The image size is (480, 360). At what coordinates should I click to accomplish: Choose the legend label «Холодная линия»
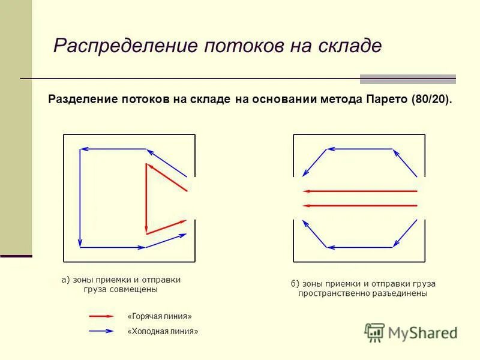coord(163,331)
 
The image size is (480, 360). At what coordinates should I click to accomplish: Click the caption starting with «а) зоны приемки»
coord(121,284)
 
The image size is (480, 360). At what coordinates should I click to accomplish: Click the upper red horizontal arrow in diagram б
coord(360,191)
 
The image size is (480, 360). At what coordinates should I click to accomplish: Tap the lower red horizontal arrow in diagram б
coord(360,206)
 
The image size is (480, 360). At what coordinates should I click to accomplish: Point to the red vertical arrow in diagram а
coord(146,198)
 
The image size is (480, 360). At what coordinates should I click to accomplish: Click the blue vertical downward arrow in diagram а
coord(80,198)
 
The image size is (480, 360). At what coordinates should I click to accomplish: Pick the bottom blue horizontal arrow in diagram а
coord(112,247)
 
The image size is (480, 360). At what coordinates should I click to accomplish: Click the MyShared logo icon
coord(375,332)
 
